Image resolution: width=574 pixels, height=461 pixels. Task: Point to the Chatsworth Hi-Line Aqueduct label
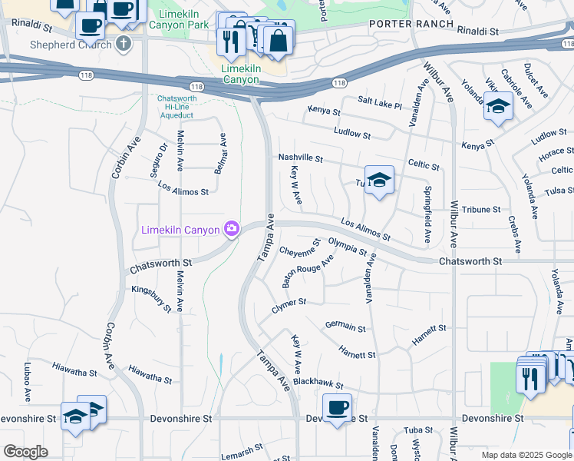click(x=177, y=107)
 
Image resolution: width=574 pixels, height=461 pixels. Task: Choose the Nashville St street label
click(x=300, y=158)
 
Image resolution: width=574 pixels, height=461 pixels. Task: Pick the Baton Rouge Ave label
click(x=307, y=271)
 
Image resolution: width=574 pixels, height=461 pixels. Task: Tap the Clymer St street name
click(x=289, y=306)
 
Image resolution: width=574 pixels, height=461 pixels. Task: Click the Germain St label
click(x=345, y=327)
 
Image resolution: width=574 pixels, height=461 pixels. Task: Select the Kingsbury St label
click(x=151, y=298)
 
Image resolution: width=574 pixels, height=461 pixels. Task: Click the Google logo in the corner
click(x=26, y=452)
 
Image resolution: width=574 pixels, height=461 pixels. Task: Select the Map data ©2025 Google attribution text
click(x=526, y=455)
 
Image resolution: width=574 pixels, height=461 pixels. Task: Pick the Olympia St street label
click(x=348, y=246)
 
